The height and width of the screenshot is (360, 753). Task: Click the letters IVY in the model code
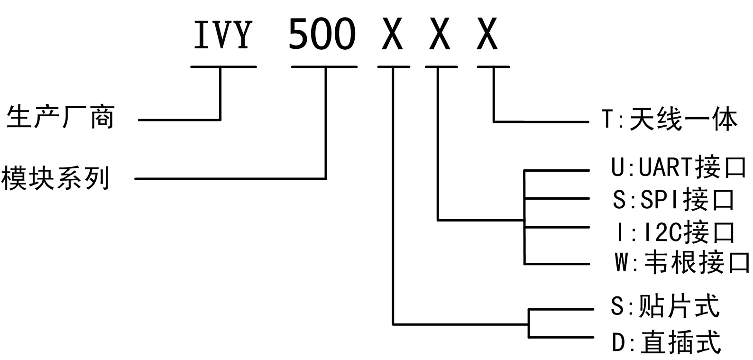222,34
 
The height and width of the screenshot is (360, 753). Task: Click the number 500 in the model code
322,34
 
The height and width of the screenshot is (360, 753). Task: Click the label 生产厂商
60,117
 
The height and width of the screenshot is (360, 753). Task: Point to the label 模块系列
55,178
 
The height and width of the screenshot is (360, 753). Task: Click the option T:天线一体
670,120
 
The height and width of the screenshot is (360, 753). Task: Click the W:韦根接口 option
682,263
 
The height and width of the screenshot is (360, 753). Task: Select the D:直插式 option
666,342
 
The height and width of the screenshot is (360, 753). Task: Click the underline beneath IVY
223,67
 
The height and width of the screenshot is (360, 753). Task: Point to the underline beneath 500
324,67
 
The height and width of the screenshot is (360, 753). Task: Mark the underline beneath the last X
493,67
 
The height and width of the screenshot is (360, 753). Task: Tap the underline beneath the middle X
441,67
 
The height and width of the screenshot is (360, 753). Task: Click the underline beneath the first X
394,67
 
